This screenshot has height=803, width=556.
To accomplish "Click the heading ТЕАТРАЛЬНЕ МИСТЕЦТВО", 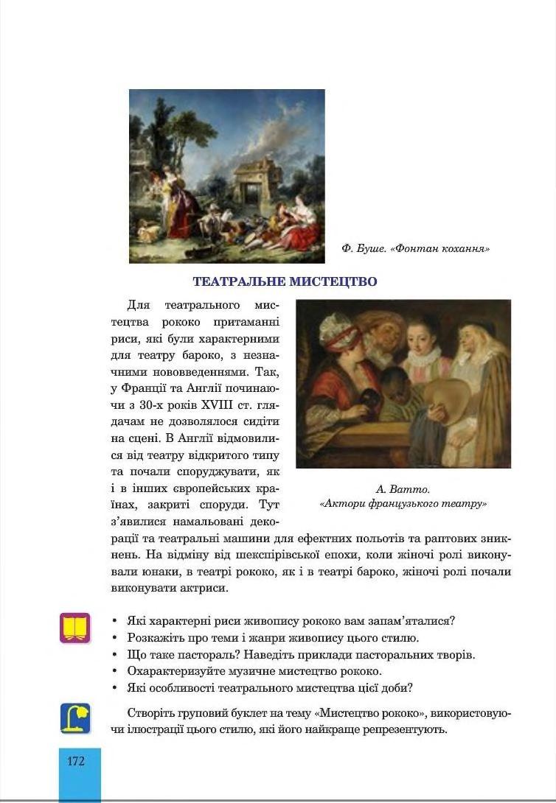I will [x=285, y=281].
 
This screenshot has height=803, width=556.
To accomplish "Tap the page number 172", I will [x=76, y=761].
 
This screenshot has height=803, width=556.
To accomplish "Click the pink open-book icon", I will [x=75, y=628].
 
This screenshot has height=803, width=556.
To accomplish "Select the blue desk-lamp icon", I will [x=75, y=718].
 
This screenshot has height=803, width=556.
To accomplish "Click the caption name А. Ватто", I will [x=403, y=489].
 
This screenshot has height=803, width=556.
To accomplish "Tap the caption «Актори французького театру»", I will [x=403, y=504].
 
